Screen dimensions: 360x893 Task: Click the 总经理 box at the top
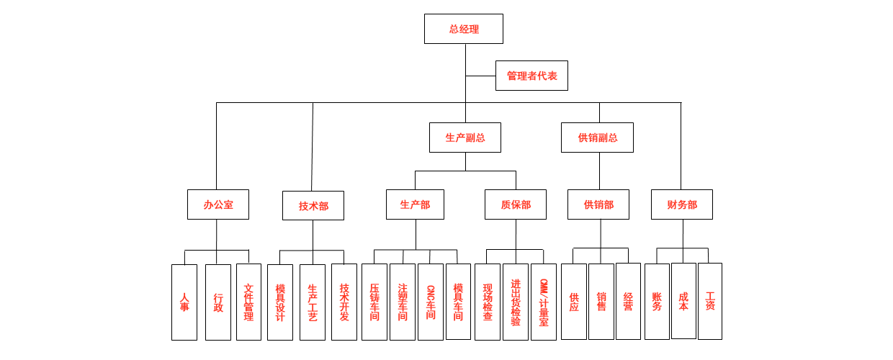coord(463,29)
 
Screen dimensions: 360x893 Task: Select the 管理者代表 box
coord(531,76)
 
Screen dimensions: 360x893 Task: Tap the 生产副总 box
coord(465,138)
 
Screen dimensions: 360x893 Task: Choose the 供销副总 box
coord(597,138)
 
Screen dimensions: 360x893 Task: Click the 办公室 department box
coord(217,204)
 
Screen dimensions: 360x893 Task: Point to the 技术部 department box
coord(313,206)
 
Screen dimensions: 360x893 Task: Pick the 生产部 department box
coord(415,204)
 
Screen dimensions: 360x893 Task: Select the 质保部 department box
coord(515,204)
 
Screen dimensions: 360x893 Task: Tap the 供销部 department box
coord(598,204)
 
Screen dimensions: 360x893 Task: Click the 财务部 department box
coord(681,204)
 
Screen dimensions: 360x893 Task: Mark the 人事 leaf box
coord(184,302)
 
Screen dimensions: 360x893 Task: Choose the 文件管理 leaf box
coord(248,302)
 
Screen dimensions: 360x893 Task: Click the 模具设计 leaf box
coord(280,302)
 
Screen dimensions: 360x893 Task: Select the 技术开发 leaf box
coord(344,302)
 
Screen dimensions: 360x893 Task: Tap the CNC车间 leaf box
coord(431,302)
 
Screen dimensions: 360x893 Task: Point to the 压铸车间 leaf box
coord(374,302)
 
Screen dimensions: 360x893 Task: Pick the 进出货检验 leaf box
coord(516,302)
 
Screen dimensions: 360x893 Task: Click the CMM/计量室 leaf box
coord(544,302)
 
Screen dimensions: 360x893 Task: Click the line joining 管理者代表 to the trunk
coord(480,76)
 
